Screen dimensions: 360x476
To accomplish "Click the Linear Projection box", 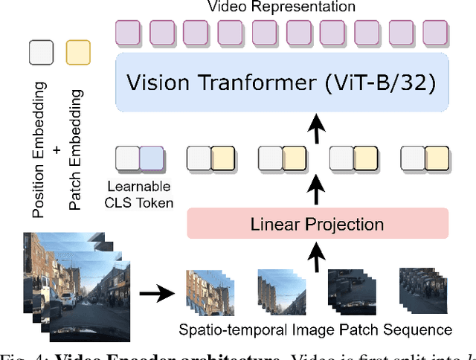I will [x=318, y=223].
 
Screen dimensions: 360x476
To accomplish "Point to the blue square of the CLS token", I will [x=151, y=159].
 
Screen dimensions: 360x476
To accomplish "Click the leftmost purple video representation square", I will [x=128, y=33].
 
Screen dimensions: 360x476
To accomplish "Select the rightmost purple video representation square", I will [x=435, y=33].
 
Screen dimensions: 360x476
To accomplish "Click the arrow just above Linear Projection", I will [x=318, y=190].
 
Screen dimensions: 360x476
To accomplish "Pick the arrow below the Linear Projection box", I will [x=318, y=257].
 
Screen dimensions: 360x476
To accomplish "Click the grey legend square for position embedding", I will [x=41, y=53].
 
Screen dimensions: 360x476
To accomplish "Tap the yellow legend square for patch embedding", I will [x=78, y=53].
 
